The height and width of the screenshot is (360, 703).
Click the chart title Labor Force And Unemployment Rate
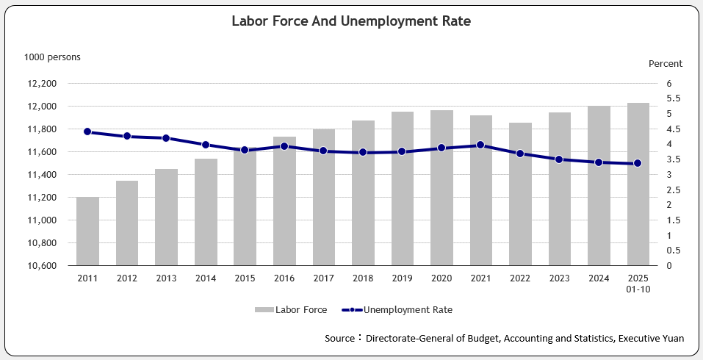tap(351, 21)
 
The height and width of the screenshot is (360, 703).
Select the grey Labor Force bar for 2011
tap(87, 231)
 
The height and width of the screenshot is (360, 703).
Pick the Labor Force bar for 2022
tap(520, 194)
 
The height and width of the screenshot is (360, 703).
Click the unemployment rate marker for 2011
tap(87, 132)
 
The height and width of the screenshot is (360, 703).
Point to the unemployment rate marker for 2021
tap(480, 145)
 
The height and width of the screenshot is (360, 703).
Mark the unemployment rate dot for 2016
tap(284, 146)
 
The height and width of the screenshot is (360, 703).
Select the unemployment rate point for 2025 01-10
tap(638, 163)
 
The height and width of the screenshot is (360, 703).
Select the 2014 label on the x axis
tap(206, 278)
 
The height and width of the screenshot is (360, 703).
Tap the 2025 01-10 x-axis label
tap(638, 283)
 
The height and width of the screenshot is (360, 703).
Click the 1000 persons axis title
tap(52, 57)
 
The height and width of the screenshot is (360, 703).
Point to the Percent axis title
tap(665, 64)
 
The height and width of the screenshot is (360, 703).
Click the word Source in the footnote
tap(341, 339)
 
